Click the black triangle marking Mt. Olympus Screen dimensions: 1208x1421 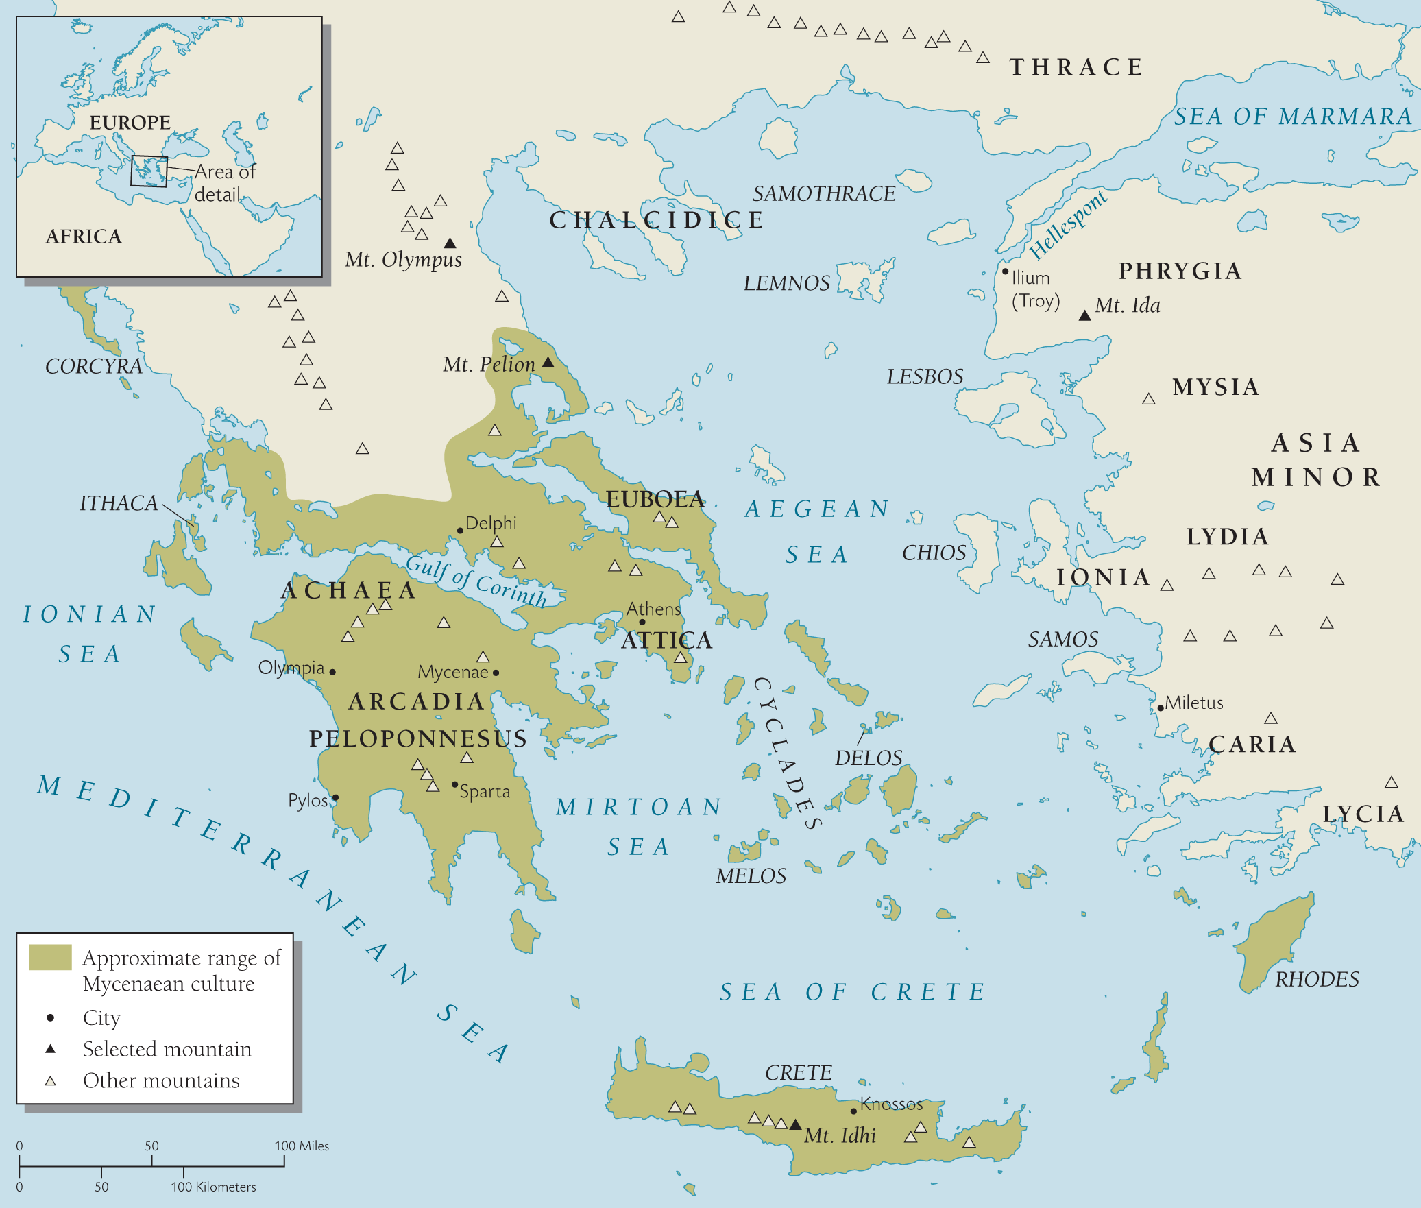(x=450, y=243)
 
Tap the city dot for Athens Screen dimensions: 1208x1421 (x=642, y=622)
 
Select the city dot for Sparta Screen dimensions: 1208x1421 (x=454, y=784)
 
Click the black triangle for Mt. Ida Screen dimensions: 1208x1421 (x=1084, y=316)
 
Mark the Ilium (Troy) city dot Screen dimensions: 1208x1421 (x=1005, y=271)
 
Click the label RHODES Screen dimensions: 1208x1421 (x=1317, y=979)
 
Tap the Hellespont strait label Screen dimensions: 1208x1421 (x=1067, y=224)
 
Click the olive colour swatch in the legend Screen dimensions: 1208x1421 (x=50, y=957)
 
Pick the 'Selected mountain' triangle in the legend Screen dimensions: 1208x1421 (x=50, y=1049)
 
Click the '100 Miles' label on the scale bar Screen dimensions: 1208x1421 (x=302, y=1146)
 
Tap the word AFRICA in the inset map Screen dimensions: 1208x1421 (x=84, y=237)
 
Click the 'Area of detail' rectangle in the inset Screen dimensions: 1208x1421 (x=149, y=171)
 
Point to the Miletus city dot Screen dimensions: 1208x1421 (x=1161, y=708)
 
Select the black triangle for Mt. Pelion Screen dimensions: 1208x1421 (x=548, y=362)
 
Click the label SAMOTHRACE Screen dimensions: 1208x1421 (x=823, y=194)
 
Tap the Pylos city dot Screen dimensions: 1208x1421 (x=335, y=797)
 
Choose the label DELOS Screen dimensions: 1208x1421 (x=868, y=758)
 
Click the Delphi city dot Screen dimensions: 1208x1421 (x=460, y=531)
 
